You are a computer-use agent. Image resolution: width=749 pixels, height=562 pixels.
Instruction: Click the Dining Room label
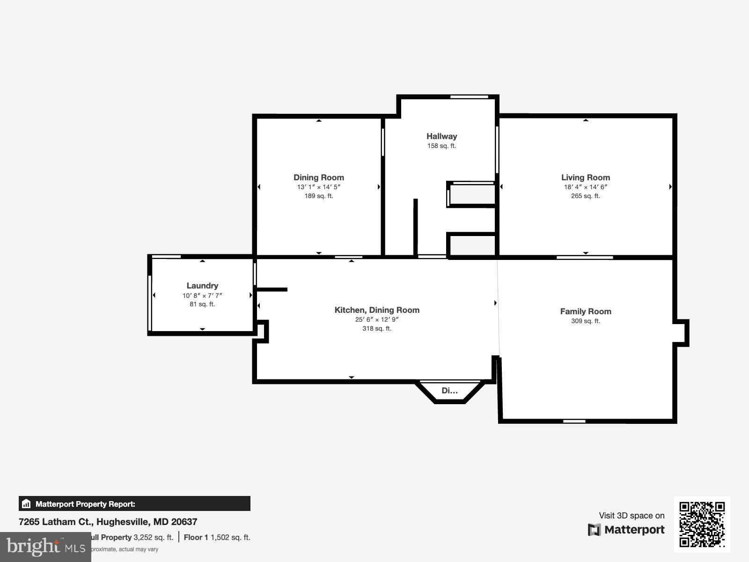[x=318, y=177]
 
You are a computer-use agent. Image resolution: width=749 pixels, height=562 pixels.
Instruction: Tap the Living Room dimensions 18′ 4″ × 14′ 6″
[x=585, y=187]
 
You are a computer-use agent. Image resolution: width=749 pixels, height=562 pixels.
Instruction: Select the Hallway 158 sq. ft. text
[x=441, y=146]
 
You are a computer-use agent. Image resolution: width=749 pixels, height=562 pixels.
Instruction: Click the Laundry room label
[x=202, y=286]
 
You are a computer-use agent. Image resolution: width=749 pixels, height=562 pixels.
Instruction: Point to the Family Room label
[x=585, y=311]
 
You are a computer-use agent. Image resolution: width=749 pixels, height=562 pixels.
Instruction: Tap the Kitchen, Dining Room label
[x=377, y=310]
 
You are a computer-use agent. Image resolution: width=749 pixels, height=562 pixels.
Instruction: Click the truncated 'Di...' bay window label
[x=449, y=391]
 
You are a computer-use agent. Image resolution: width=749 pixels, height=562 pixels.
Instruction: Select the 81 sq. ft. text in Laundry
[x=202, y=304]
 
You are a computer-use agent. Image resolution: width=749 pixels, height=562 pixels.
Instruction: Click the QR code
[x=702, y=524]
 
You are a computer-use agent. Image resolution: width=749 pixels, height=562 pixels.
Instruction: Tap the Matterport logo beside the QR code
[x=626, y=530]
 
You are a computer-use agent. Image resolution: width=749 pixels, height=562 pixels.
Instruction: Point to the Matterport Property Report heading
[x=85, y=504]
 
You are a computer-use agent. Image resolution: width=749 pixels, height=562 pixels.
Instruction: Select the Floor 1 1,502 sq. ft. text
[x=217, y=537]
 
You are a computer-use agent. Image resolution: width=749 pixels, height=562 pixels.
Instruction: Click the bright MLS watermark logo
[x=45, y=547]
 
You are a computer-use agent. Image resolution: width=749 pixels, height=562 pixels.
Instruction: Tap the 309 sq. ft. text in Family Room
[x=585, y=321]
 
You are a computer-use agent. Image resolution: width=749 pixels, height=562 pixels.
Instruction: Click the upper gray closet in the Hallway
[x=472, y=194]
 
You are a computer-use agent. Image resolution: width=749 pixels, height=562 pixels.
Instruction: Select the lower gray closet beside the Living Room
[x=472, y=245]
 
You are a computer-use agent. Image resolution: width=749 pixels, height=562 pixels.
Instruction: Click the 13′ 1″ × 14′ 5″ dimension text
[x=318, y=187]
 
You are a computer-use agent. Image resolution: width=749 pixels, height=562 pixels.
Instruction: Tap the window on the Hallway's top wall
[x=469, y=97]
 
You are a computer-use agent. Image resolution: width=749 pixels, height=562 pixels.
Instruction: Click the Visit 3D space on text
[x=632, y=516]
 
